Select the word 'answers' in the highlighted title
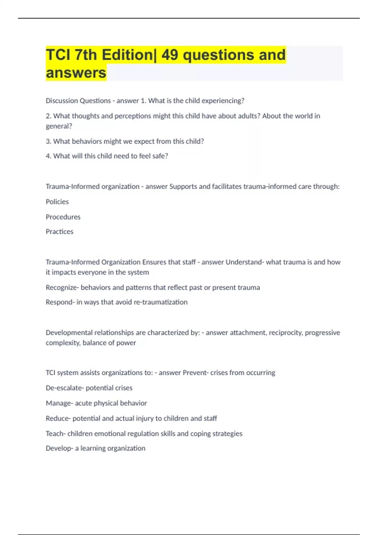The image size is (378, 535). click(76, 73)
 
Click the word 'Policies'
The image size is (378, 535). click(57, 202)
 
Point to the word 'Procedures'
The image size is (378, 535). click(63, 217)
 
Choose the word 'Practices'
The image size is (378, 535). click(60, 232)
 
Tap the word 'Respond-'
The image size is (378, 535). click(60, 302)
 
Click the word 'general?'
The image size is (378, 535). click(59, 126)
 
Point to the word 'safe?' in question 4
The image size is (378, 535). click(160, 156)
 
